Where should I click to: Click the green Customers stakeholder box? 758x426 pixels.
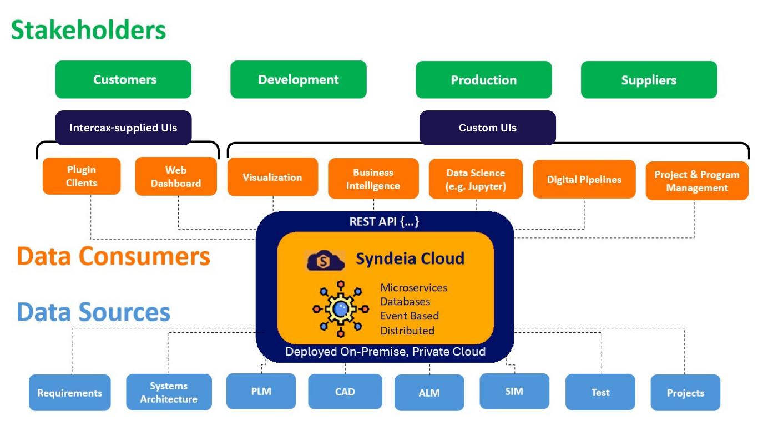click(x=123, y=79)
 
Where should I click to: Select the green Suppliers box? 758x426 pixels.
click(x=649, y=80)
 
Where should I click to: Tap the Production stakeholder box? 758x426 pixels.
click(x=483, y=80)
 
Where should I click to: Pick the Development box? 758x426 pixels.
click(x=299, y=79)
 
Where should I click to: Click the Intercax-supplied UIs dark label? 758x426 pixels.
click(x=123, y=128)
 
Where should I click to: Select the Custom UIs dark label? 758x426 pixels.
click(x=487, y=128)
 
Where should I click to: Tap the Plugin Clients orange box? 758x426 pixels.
click(x=82, y=176)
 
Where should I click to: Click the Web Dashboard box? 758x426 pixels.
click(x=176, y=176)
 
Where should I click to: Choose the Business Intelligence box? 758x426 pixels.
click(x=373, y=179)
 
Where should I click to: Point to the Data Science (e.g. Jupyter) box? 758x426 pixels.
click(x=476, y=179)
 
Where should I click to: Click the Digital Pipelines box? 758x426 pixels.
click(x=584, y=179)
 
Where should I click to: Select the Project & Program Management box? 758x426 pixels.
click(x=697, y=181)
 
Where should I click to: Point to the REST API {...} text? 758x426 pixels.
click(x=384, y=221)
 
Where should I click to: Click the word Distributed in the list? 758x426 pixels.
click(x=407, y=331)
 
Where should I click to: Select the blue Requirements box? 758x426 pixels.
click(x=70, y=393)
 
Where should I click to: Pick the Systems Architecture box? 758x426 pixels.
click(x=169, y=392)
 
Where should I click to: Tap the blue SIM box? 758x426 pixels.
click(x=514, y=391)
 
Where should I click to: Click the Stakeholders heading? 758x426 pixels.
click(x=89, y=29)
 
